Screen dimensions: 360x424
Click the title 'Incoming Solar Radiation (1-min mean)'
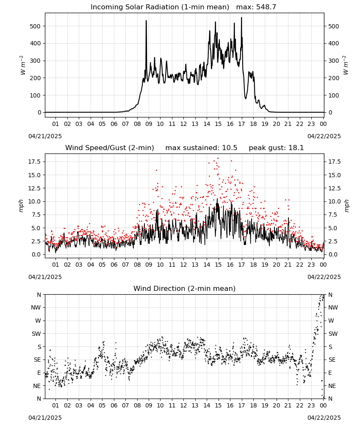(160, 7)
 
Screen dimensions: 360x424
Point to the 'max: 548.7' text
(256, 7)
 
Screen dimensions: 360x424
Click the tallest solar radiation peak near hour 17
(241, 18)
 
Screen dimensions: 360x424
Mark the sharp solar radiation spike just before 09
(147, 21)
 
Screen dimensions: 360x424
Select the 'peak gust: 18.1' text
(276, 148)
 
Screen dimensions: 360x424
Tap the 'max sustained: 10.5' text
(202, 148)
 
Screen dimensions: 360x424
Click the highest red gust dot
(218, 159)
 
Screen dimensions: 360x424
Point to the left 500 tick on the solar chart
(36, 26)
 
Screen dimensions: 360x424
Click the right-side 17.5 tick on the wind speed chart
(334, 162)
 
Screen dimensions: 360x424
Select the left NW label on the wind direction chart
(36, 307)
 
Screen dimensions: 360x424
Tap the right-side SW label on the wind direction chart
(333, 334)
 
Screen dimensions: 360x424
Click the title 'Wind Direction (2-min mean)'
(185, 288)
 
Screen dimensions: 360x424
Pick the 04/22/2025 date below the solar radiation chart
(324, 136)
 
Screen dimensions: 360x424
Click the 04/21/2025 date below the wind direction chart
(45, 418)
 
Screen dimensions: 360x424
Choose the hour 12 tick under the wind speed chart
(184, 265)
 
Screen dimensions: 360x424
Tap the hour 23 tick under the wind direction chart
(311, 405)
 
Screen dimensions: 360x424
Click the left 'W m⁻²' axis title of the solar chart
(23, 65)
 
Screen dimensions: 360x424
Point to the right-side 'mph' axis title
(346, 206)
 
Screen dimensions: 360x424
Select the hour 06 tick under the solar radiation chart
(114, 124)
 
